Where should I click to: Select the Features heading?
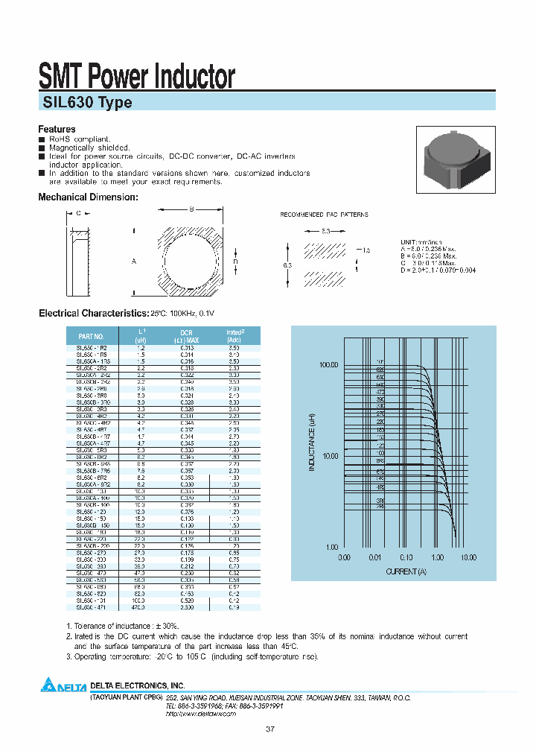57,129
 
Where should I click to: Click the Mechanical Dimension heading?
88,197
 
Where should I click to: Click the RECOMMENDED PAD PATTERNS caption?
324,215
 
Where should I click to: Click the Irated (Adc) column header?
235,335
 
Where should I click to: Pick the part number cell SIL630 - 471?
92,608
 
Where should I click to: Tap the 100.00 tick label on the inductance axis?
328,365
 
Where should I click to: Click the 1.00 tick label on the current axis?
436,557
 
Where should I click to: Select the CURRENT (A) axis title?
406,571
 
